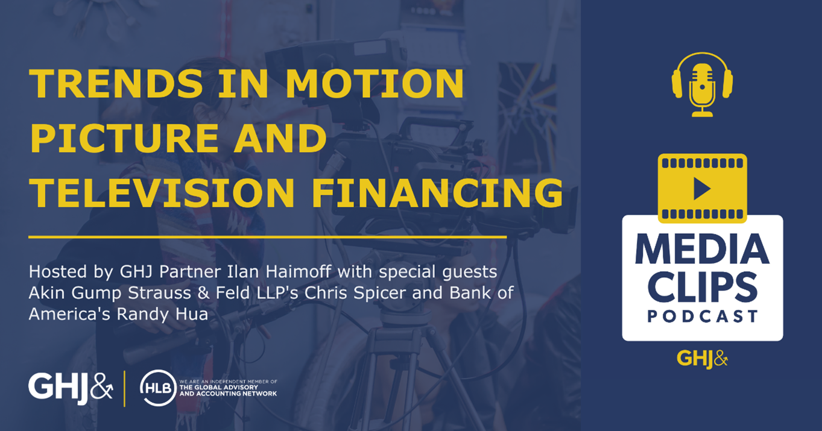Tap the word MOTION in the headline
point(375,84)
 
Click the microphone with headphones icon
point(702,84)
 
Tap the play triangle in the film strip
point(701,189)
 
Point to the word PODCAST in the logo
point(702,316)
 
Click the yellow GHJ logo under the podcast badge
point(702,359)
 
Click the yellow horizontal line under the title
point(268,238)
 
